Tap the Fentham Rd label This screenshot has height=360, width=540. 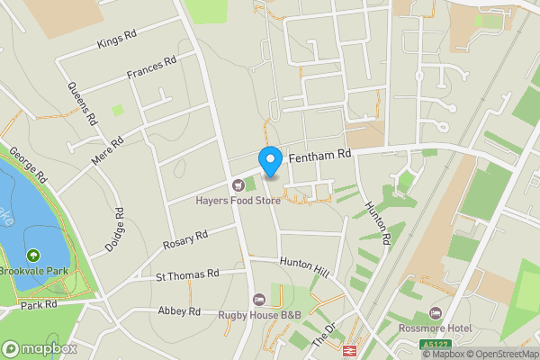(319, 157)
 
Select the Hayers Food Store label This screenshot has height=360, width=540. (238, 200)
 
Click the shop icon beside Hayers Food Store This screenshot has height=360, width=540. (238, 184)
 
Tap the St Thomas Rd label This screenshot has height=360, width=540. (188, 274)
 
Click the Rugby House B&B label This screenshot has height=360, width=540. (259, 314)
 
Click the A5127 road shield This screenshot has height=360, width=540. (435, 344)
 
